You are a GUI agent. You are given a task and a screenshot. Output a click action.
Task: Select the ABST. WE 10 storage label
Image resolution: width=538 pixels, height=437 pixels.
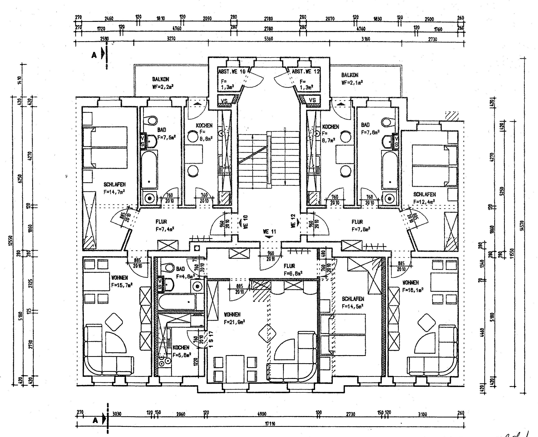coord(232,71)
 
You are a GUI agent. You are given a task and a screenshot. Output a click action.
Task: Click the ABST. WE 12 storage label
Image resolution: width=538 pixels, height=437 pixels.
coord(306,71)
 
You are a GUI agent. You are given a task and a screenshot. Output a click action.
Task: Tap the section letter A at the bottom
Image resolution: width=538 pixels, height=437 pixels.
coord(95,420)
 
